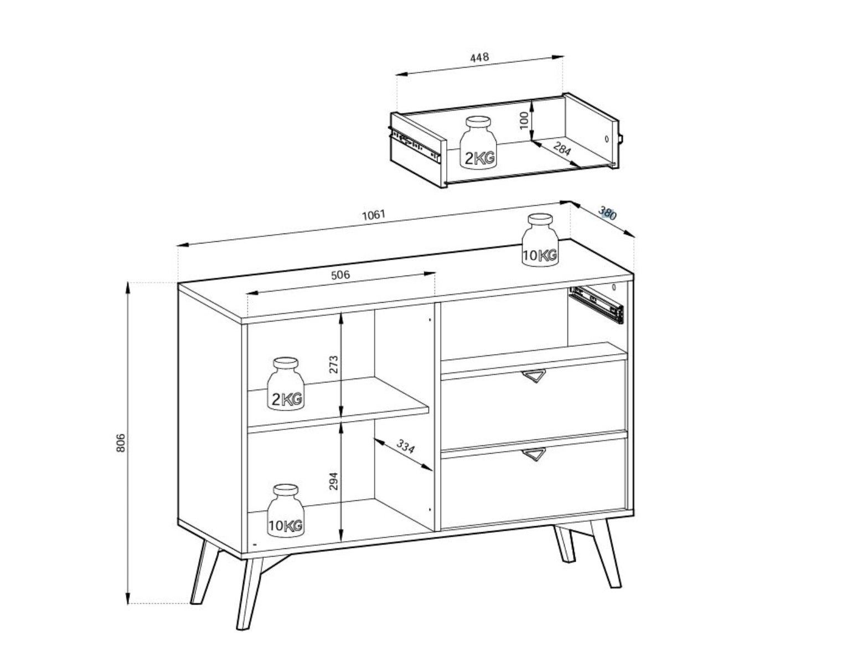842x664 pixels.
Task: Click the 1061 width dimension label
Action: (x=374, y=215)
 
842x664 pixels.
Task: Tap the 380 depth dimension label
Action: (x=607, y=212)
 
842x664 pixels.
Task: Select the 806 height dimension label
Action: (x=121, y=443)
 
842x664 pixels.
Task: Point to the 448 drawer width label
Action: (x=479, y=58)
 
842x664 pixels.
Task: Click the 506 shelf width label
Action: (x=340, y=276)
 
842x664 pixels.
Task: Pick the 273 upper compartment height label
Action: (x=333, y=365)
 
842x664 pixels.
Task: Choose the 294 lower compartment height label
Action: (x=333, y=481)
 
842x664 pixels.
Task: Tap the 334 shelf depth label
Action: (x=405, y=447)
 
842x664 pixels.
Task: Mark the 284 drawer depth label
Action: (x=562, y=149)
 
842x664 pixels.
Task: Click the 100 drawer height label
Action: (x=524, y=120)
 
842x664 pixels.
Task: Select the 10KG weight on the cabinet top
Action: (x=540, y=240)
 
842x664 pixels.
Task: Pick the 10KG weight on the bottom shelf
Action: (x=286, y=511)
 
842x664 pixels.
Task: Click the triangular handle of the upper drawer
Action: (x=534, y=375)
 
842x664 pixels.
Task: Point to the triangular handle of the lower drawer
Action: (x=534, y=454)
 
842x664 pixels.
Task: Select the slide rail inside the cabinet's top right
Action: (x=596, y=305)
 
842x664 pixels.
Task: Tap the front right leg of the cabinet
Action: (x=606, y=553)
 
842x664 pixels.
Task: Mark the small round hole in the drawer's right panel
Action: (x=607, y=138)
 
